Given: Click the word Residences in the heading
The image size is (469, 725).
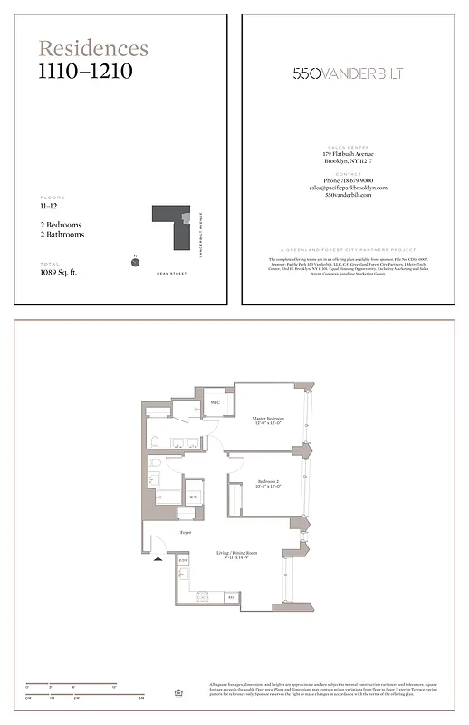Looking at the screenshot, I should [x=93, y=49].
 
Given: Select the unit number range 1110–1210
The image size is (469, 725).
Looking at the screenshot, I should [x=85, y=71].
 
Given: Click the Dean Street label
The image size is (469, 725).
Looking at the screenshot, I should [x=171, y=272].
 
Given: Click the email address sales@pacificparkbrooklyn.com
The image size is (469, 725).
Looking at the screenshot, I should [x=348, y=188].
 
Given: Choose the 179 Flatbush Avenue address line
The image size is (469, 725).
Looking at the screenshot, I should [x=348, y=154].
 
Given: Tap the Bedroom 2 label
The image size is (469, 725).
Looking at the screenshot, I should [x=269, y=482].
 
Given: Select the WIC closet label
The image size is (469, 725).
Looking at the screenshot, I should [x=215, y=402].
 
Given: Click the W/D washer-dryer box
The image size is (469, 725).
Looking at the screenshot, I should [x=193, y=497].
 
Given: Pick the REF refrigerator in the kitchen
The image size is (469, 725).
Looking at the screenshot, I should [x=231, y=598].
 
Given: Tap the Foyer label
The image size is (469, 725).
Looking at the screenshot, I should [x=186, y=533].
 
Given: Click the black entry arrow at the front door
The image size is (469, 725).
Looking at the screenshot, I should [x=158, y=559].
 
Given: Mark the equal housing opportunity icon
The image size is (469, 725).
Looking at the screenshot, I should [x=178, y=692].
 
